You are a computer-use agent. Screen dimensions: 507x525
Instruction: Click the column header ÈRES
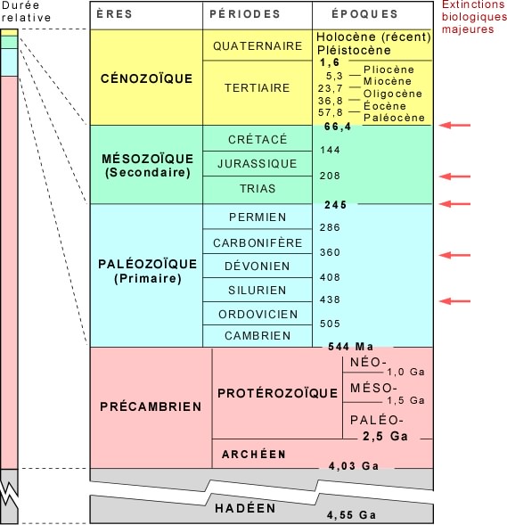click(x=114, y=14)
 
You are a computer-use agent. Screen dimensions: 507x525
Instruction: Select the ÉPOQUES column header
click(x=364, y=14)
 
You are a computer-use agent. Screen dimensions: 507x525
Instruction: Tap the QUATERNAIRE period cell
click(x=258, y=45)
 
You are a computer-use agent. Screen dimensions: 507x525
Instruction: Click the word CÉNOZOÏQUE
click(x=147, y=78)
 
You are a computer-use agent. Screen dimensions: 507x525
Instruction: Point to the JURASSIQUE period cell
click(x=258, y=163)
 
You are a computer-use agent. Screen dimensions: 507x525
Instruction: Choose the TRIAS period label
click(x=258, y=188)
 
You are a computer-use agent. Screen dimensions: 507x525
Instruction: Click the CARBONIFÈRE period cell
click(x=258, y=242)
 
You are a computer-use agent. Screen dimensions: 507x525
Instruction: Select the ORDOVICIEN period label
click(x=258, y=314)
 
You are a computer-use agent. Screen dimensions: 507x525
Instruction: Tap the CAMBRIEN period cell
click(x=258, y=336)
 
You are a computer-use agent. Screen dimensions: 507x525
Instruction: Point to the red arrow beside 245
click(x=454, y=203)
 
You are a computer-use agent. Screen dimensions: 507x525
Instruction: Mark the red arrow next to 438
click(x=454, y=301)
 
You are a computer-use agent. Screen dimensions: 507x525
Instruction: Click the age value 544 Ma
click(x=350, y=346)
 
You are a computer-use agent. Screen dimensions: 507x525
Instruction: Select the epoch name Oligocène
click(x=393, y=94)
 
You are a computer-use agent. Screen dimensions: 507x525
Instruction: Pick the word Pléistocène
click(x=354, y=50)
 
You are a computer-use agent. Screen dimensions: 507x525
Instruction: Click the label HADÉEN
click(x=245, y=508)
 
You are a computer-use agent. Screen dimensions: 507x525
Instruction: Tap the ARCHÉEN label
click(x=254, y=454)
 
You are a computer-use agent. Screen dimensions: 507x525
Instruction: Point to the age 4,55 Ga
click(x=351, y=515)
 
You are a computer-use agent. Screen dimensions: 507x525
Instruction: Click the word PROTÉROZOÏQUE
click(x=277, y=393)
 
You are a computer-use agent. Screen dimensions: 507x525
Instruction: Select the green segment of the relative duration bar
click(x=9, y=42)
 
